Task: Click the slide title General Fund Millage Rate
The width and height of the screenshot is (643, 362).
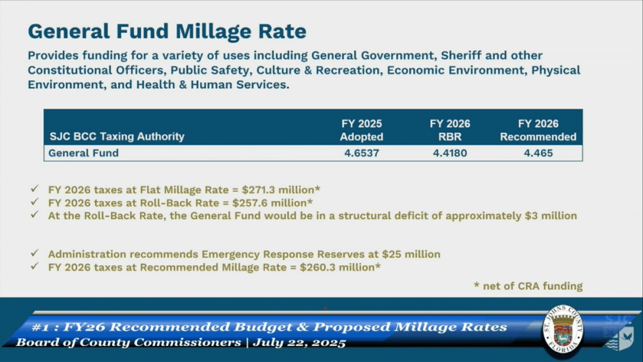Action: tap(167, 31)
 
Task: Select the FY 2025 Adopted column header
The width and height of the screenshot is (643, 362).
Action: tap(361, 130)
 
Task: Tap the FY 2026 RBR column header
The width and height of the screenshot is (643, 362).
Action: tap(450, 130)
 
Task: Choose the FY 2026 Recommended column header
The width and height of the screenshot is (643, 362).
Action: tap(538, 130)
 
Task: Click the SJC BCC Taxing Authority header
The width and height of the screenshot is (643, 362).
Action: tap(116, 137)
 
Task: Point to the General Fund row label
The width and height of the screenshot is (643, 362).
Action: tap(84, 153)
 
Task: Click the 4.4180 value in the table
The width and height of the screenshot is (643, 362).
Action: tap(450, 153)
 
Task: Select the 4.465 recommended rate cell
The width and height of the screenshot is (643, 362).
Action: tap(538, 153)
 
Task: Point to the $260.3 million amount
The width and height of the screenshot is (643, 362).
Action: tap(342, 267)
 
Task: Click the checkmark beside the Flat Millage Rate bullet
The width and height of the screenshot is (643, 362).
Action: tap(34, 189)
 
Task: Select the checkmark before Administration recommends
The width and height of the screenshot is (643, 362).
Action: tap(34, 254)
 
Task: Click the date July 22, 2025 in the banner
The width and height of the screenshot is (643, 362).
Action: tap(297, 342)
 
